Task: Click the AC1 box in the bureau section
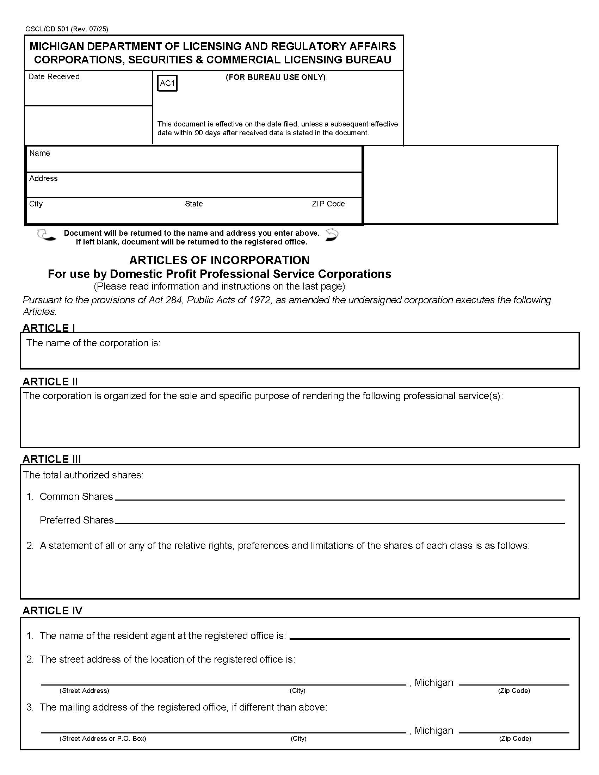coord(167,83)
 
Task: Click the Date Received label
coord(54,77)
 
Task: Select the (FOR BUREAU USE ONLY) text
coord(276,77)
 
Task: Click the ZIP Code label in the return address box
coord(328,204)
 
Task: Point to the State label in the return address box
coord(194,204)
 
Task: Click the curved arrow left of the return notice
coord(46,235)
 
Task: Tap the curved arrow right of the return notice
coord(332,235)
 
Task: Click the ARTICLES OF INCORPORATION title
coord(219,260)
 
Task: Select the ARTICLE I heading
coord(49,328)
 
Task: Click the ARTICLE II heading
coord(50,382)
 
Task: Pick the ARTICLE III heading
coord(51,459)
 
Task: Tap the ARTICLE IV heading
coord(52,610)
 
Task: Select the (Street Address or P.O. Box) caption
coord(103,738)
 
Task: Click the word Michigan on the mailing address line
coord(434,730)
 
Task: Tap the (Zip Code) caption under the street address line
coord(514,690)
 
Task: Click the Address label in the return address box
coord(43,179)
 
